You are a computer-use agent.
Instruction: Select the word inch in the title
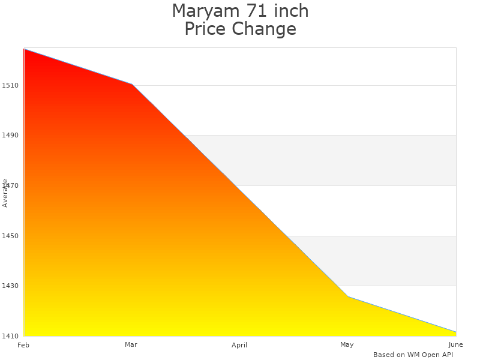289,11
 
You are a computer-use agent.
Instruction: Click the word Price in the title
205,29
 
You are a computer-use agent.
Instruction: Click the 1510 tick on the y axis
10,85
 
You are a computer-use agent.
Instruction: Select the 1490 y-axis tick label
10,136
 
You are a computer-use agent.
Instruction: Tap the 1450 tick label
10,236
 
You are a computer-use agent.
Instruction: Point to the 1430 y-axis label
10,286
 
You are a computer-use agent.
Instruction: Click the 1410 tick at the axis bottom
10,336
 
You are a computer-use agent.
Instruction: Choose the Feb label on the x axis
23,345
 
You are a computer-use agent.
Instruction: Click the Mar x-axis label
131,344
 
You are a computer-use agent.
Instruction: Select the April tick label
239,345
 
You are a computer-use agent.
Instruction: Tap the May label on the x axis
347,344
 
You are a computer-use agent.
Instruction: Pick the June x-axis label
455,344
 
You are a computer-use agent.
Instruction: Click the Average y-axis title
5,193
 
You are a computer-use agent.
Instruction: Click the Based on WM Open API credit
413,355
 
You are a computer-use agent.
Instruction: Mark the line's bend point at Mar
131,84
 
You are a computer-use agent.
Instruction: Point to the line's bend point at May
347,296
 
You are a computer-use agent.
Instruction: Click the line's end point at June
455,332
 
